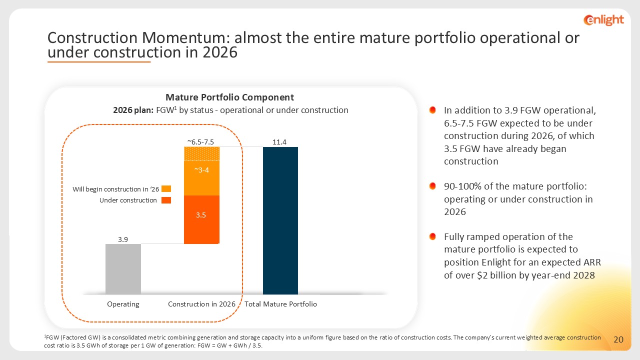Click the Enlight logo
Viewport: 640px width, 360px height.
[x=603, y=19]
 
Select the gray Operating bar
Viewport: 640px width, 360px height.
[x=123, y=269]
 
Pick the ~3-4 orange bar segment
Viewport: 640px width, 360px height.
[x=201, y=178]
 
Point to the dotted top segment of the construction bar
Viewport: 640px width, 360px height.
[x=201, y=153]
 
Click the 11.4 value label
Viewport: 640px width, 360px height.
[x=279, y=142]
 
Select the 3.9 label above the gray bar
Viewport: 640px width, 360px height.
[x=123, y=239]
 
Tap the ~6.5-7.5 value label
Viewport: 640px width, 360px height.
[x=200, y=142]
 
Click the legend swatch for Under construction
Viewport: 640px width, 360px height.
[x=166, y=200]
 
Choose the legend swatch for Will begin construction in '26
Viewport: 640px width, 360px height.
[x=166, y=189]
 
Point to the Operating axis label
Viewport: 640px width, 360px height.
[x=123, y=304]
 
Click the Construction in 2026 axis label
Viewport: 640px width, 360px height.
[x=201, y=304]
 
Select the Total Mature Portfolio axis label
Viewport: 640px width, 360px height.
[x=280, y=304]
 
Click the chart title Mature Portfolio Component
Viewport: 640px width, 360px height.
[x=229, y=97]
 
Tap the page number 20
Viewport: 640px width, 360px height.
[x=618, y=340]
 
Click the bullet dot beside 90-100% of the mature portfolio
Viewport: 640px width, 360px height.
[x=433, y=186]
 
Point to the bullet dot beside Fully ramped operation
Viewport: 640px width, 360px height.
[x=433, y=236]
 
